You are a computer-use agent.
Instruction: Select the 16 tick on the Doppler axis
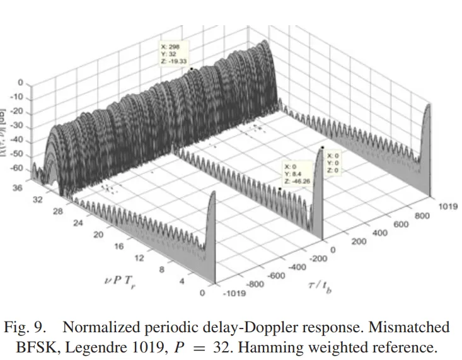(118, 247)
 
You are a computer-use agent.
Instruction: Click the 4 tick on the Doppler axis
(182, 282)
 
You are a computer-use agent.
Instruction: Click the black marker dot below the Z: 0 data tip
(322, 147)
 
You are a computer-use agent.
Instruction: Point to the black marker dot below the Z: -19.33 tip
(191, 69)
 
